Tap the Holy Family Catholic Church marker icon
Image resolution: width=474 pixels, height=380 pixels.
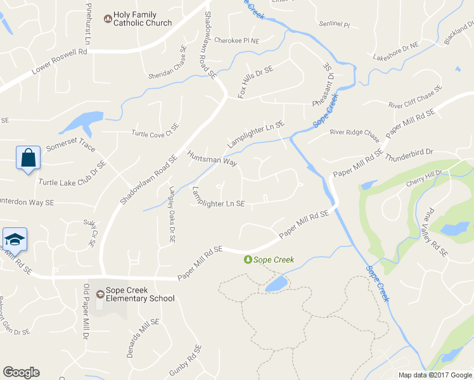(x=106, y=17)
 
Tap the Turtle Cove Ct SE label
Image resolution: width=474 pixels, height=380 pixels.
(x=155, y=130)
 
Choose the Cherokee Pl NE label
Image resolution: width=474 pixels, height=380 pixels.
(x=237, y=41)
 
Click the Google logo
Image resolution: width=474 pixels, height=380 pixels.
(x=21, y=372)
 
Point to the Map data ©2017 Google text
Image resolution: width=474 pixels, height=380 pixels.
(x=434, y=375)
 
